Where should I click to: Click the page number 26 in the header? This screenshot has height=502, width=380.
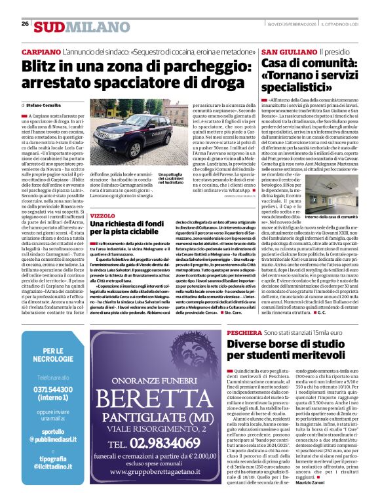pyautogui.click(x=25, y=24)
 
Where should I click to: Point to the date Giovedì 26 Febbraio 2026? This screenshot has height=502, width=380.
pyautogui.click(x=292, y=24)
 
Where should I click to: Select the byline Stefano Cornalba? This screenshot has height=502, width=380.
pyautogui.click(x=45, y=104)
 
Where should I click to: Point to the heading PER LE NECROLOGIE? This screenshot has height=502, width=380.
pyautogui.click(x=54, y=355)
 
